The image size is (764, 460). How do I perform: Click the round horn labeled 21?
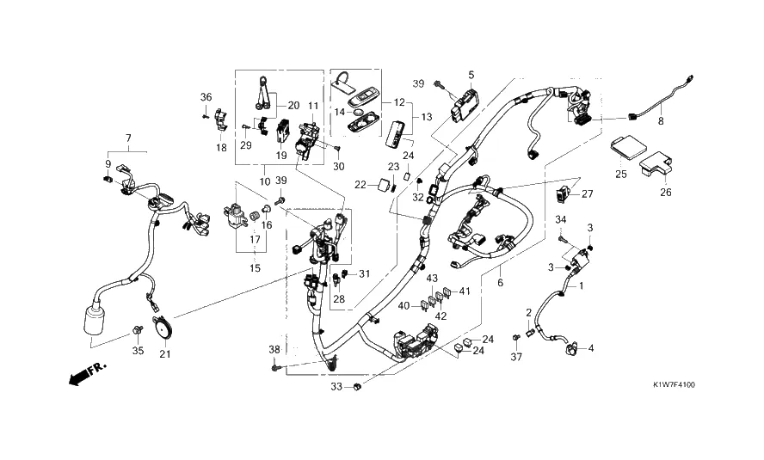point(162,328)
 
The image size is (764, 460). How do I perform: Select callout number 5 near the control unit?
point(471,75)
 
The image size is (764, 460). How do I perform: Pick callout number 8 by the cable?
point(662,122)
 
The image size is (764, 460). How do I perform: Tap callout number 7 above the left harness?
point(128,138)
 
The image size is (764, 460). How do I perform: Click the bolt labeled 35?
point(138,331)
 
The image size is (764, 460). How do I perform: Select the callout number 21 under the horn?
point(166,355)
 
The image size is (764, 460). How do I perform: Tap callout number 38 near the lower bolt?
point(274,350)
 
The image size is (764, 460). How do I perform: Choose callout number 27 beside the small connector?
point(588,193)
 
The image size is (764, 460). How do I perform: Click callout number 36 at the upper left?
point(206,95)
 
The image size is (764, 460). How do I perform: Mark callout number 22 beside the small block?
point(360,184)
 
